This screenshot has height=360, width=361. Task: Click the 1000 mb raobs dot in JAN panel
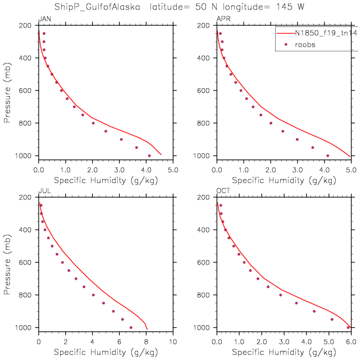pos(149,156)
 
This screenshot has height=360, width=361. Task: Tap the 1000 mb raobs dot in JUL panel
pos(131,327)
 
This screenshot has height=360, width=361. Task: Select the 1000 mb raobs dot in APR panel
pos(328,156)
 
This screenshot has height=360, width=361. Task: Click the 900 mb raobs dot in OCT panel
pos(314,311)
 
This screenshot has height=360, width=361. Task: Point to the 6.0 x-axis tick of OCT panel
pos(351,341)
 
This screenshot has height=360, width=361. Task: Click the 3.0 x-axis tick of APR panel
pos(298,169)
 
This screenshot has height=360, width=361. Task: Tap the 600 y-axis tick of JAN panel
pos(25,90)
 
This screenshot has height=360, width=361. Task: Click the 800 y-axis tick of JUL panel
pos(25,295)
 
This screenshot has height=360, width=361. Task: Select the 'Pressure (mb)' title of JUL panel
pos(7,262)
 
